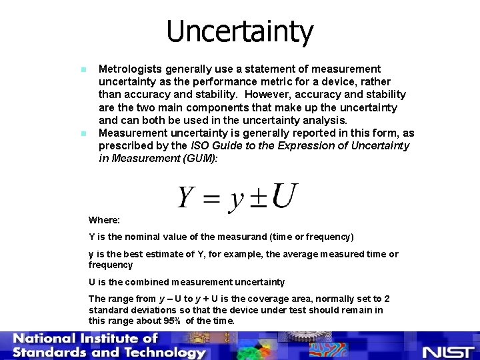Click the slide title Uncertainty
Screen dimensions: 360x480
pos(239,31)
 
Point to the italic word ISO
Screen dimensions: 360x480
pos(201,146)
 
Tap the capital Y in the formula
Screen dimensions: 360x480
pos(186,198)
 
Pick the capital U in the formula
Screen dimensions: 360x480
pos(285,196)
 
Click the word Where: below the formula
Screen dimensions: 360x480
pos(104,220)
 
